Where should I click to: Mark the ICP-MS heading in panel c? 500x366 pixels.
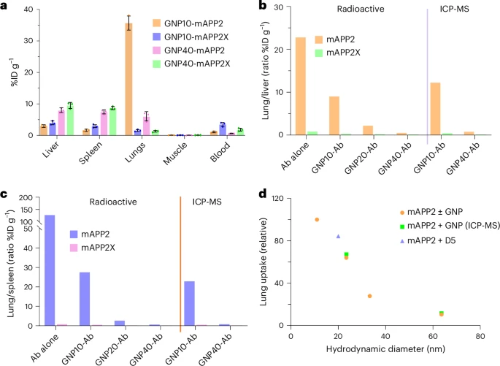[x=207, y=204]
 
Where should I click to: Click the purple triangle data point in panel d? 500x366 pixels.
[x=338, y=236]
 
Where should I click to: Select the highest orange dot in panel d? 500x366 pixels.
[x=317, y=219]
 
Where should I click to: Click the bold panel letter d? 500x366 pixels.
[x=264, y=194]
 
